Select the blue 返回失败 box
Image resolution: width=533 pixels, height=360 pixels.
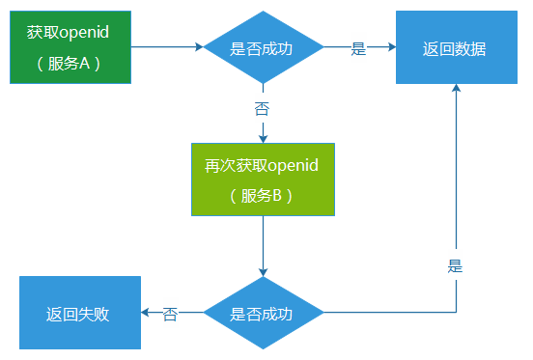pyautogui.click(x=81, y=313)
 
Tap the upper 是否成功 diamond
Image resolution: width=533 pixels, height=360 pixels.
pyautogui.click(x=262, y=48)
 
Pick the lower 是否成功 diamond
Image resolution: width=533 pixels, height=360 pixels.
pyautogui.click(x=262, y=314)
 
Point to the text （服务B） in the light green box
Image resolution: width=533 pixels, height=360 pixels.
pyautogui.click(x=262, y=195)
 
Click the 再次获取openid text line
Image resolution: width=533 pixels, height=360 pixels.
pyautogui.click(x=262, y=165)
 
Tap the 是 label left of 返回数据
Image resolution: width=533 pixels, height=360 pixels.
pyautogui.click(x=358, y=48)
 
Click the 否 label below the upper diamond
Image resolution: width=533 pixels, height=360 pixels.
pyautogui.click(x=262, y=108)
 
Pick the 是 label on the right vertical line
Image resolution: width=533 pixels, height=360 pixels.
pyautogui.click(x=456, y=266)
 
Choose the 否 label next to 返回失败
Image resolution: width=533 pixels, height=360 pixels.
pyautogui.click(x=171, y=314)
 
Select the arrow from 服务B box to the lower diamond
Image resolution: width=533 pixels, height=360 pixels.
pyautogui.click(x=263, y=246)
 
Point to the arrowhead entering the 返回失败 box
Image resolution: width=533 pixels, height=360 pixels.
pyautogui.click(x=147, y=313)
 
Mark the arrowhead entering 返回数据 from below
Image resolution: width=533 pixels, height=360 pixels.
pyautogui.click(x=456, y=90)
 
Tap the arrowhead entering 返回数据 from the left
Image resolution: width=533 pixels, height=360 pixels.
pyautogui.click(x=390, y=47)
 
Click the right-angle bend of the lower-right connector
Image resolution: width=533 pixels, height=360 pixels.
pyautogui.click(x=456, y=313)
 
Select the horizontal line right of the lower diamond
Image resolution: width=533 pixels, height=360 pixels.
pyautogui.click(x=386, y=313)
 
